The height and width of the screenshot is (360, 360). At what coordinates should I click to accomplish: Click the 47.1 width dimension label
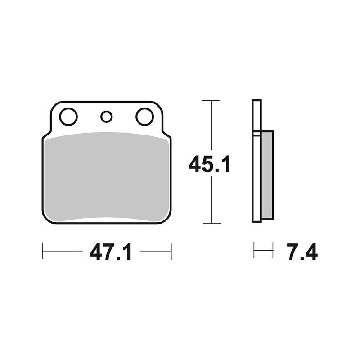[x=111, y=252]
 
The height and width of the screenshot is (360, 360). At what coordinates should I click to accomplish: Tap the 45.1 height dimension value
[x=210, y=164]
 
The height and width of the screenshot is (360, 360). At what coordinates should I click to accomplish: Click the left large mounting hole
[x=68, y=117]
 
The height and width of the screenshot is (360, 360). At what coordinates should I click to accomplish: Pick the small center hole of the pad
[x=106, y=117]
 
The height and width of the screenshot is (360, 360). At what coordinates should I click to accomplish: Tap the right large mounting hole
[x=145, y=117]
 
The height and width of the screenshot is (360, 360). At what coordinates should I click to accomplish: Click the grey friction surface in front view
[x=107, y=176]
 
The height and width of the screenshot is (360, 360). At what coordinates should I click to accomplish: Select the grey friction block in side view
[x=267, y=175]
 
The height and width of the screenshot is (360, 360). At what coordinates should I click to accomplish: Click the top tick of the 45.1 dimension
[x=210, y=100]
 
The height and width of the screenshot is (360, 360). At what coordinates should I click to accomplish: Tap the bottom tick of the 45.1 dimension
[x=210, y=223]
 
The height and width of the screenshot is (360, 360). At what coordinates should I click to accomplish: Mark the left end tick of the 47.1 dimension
[x=42, y=252]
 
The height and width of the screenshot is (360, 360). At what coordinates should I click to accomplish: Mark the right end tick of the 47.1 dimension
[x=171, y=252]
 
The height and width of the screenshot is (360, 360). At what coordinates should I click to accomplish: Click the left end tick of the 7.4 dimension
[x=254, y=250]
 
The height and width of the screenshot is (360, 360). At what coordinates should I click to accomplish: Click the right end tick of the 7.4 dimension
[x=273, y=250]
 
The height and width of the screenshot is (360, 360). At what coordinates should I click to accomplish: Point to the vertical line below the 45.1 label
[x=210, y=200]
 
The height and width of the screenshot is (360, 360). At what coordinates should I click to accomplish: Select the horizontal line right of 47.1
[x=155, y=252]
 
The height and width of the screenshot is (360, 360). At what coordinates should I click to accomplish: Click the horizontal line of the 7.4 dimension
[x=263, y=250]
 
